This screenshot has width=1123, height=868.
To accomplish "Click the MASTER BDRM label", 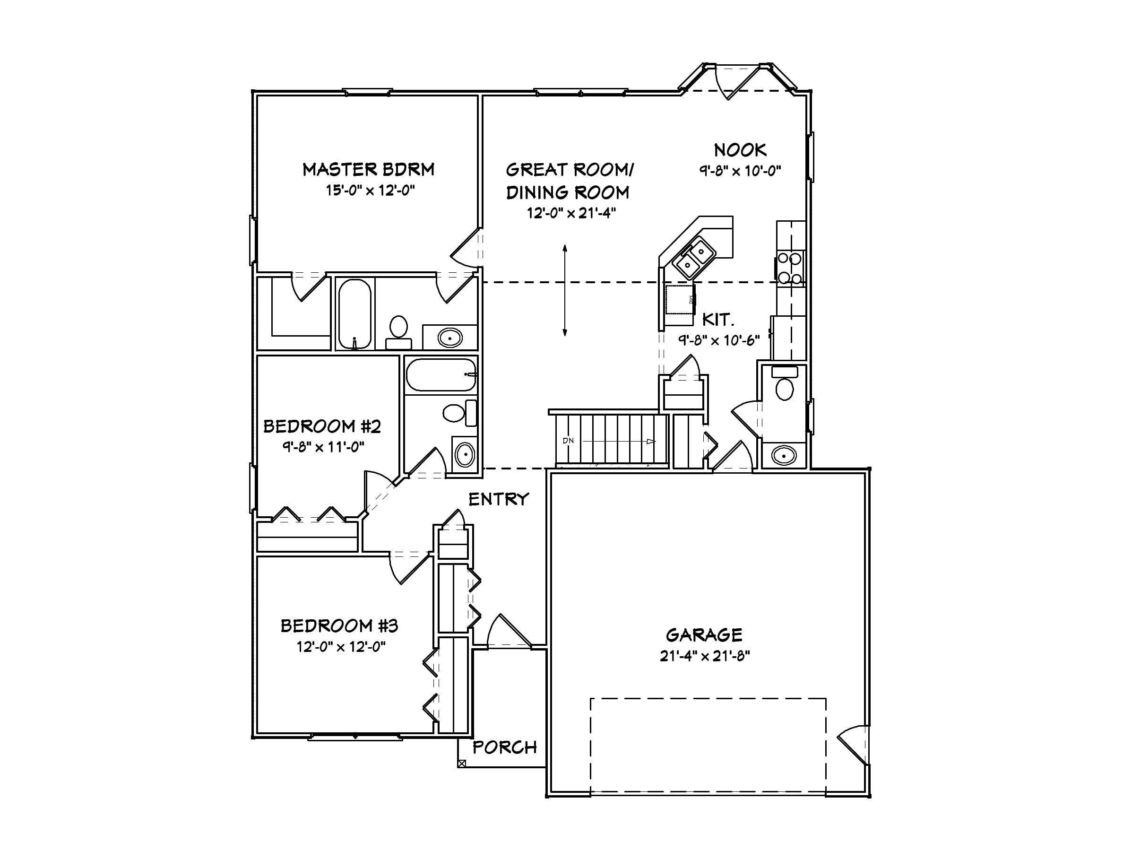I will pos(368,169).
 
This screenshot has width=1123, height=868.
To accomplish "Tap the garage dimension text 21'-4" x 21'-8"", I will pos(704,656).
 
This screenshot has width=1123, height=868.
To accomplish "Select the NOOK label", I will pos(740,150).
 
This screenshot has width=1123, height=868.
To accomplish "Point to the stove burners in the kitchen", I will pos(790,268).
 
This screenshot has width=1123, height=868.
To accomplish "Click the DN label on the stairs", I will pos(568,441).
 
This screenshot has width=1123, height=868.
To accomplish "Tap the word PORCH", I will pos(504,747).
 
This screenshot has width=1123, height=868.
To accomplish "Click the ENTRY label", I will pos(498,499).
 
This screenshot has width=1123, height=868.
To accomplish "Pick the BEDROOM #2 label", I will pos(322,426).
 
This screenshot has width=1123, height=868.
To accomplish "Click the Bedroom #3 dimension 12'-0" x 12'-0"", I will pos(341,646).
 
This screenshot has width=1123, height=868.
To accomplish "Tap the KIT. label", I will pos(718,320).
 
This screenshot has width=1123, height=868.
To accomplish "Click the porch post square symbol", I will pos(461,764).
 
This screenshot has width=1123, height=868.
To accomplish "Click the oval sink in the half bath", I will pos(783,455).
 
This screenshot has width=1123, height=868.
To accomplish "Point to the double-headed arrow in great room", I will pos(565,291).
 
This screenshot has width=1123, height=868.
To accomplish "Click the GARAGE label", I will pos(704,635).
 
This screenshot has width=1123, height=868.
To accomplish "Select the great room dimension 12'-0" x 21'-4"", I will pos(571,213).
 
